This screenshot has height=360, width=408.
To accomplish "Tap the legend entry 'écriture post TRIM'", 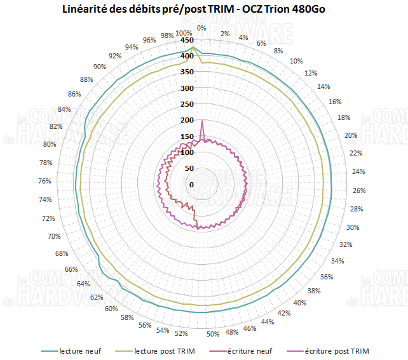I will click(336, 350).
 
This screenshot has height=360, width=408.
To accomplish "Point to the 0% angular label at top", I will click(201, 28).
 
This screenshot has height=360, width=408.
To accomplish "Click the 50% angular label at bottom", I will click(213, 335).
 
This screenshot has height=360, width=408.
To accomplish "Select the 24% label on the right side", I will click(358, 171).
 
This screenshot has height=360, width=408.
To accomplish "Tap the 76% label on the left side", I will click(45, 181).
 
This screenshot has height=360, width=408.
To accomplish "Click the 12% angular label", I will click(311, 73).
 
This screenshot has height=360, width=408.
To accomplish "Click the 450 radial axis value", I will click(187, 41).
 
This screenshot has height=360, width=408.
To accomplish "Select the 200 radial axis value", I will click(187, 121).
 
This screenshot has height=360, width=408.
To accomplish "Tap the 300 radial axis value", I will click(187, 88).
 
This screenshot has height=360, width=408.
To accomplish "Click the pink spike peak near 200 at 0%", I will click(201, 120).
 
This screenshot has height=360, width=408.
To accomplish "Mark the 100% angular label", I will click(184, 34).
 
